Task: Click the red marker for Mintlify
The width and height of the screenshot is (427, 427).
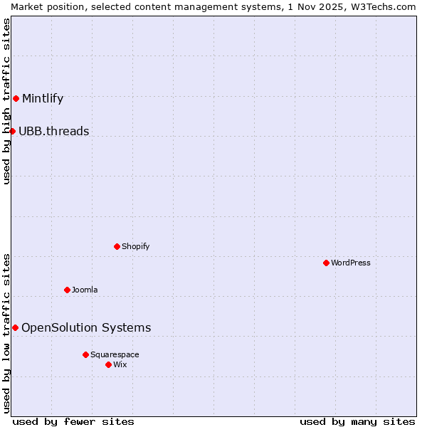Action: [16, 98]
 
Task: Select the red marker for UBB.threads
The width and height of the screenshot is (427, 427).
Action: [12, 131]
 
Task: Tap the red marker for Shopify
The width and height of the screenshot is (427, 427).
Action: [117, 246]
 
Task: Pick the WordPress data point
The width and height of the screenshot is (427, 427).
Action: [326, 263]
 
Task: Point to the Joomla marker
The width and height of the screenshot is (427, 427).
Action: [67, 290]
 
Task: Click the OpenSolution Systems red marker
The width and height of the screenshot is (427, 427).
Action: [15, 327]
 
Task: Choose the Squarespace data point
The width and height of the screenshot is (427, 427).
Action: [85, 354]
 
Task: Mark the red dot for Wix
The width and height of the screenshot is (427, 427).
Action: [108, 364]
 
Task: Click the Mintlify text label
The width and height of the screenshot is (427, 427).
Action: [43, 98]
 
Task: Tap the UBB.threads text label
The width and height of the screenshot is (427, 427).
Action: [54, 131]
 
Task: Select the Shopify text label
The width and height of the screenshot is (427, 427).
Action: [135, 246]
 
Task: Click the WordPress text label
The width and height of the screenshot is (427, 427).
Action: [350, 263]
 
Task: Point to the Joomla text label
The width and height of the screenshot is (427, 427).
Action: [85, 290]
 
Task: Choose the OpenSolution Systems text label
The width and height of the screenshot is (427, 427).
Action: [86, 327]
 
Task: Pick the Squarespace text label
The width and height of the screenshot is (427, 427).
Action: [115, 354]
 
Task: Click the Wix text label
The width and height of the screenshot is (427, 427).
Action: [120, 364]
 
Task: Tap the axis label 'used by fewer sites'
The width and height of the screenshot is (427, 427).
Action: [73, 421]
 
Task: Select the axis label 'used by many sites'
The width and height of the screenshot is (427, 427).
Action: [357, 421]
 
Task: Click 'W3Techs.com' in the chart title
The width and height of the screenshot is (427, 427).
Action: [387, 6]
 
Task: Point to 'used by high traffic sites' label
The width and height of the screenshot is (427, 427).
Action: [6, 101]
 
